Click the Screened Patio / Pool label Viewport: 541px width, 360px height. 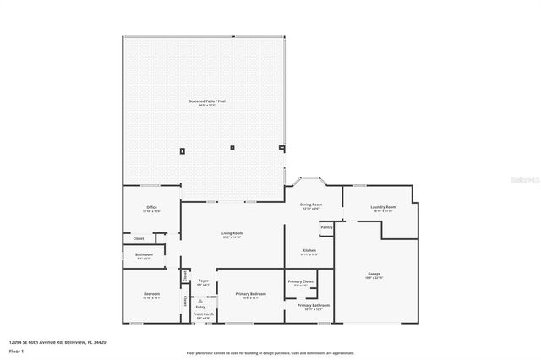207,101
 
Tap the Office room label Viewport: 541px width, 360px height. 152,207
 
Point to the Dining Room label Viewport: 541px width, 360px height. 311,205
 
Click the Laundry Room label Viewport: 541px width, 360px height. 384,207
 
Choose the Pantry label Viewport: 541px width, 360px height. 326,227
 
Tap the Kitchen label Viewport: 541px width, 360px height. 310,250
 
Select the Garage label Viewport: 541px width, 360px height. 374,275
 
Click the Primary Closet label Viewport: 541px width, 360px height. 301,281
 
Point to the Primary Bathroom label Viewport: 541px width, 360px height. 313,305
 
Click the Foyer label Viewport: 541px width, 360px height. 203,281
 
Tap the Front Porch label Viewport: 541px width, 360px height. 203,314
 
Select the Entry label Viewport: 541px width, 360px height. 200,306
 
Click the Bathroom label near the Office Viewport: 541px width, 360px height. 145,254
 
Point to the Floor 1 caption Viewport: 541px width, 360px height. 17,350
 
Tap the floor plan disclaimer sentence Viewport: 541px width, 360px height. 270,352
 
